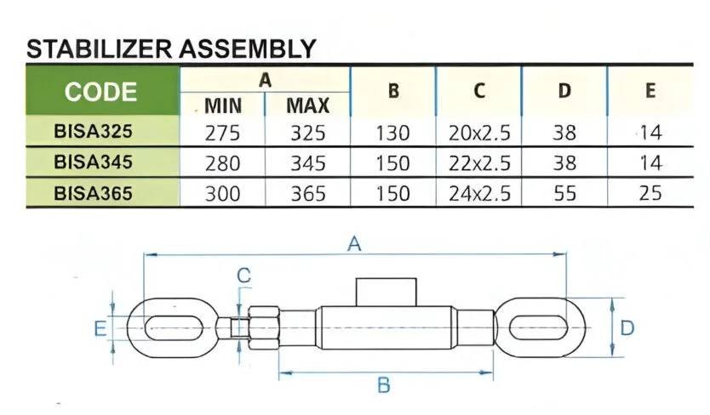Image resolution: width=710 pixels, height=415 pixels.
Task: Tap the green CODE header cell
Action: [x=102, y=90]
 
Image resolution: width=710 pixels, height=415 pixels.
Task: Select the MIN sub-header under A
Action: [x=223, y=106]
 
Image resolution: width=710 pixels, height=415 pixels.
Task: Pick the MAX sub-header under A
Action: [x=308, y=106]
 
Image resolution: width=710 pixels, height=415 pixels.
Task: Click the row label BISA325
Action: [x=93, y=131]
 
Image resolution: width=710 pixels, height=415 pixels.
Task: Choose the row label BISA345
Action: [x=93, y=162]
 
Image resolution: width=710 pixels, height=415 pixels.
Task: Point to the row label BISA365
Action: [x=93, y=193]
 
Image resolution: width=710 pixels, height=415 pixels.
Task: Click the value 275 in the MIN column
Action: [x=222, y=133]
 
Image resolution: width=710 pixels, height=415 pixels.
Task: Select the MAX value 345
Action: [x=308, y=163]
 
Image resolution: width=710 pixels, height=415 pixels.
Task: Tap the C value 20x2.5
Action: [x=479, y=133]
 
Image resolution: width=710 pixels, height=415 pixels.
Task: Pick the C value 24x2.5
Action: [x=479, y=193]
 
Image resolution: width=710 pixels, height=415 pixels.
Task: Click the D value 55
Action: [x=564, y=193]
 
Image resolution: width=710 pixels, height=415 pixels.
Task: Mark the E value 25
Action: [x=650, y=193]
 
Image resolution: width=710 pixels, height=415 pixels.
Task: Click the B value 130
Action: [x=392, y=133]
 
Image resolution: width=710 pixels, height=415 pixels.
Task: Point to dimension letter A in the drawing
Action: [x=354, y=244]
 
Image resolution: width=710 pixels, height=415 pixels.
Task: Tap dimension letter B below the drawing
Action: [x=384, y=385]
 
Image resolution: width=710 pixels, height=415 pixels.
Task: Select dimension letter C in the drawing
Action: [x=244, y=276]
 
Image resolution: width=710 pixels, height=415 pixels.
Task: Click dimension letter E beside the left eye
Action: [x=100, y=328]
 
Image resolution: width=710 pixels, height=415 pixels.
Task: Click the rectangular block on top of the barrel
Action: [x=386, y=293]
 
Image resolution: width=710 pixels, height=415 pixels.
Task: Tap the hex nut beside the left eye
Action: [x=264, y=327]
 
